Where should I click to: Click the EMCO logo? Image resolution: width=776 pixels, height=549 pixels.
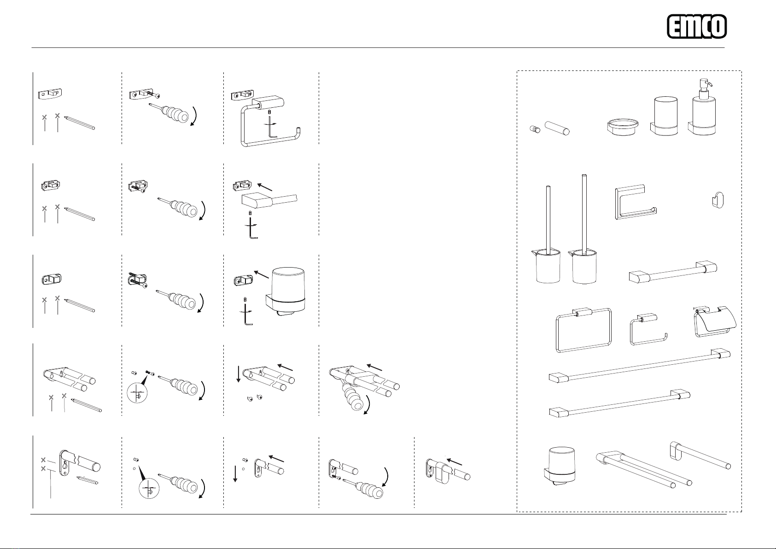(x=697, y=26)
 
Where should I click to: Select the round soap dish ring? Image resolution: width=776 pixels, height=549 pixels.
(x=623, y=127)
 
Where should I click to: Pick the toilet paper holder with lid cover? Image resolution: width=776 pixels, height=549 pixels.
(x=714, y=321)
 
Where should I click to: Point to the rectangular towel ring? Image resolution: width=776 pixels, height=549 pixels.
(x=583, y=330)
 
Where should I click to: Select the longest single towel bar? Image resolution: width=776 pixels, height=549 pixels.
(x=640, y=365)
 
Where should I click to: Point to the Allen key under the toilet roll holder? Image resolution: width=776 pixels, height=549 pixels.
(x=271, y=127)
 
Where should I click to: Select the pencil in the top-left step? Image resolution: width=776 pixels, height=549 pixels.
(x=79, y=123)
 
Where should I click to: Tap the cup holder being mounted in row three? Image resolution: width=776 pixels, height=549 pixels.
(x=286, y=292)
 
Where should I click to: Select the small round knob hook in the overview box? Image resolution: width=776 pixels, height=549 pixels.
(x=535, y=129)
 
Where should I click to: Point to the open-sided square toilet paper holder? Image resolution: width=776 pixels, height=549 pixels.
(x=636, y=202)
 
